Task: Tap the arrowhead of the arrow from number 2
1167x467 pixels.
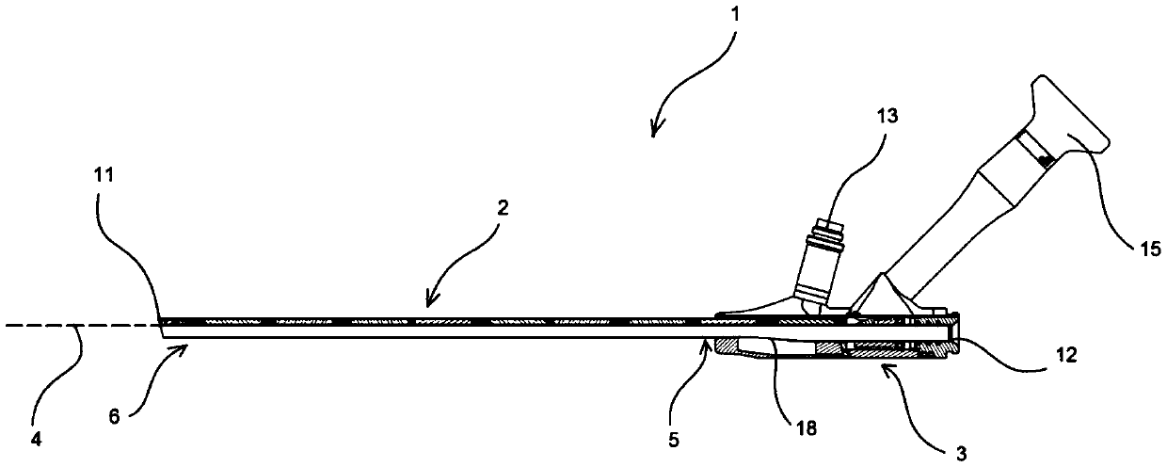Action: pyautogui.click(x=427, y=306)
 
